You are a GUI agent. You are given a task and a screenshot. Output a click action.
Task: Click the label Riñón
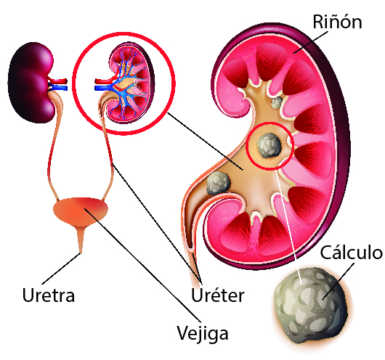(337, 22)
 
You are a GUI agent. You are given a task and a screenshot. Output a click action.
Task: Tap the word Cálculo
(352, 253)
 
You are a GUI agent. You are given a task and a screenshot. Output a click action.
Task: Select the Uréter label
(217, 295)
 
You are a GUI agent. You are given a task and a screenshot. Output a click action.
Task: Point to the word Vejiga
(203, 334)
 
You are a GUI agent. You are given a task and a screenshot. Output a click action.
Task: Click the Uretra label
(49, 295)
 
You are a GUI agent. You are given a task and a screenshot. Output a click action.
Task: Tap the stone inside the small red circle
(269, 145)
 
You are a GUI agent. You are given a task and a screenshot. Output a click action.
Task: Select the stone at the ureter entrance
(218, 183)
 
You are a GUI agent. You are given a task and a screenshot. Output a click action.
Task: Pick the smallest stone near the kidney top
(276, 102)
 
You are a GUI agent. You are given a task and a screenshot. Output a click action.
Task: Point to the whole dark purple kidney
(31, 83)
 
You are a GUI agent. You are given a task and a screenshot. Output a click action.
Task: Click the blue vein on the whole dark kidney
(58, 87)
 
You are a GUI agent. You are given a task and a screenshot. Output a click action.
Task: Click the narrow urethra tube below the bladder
(81, 240)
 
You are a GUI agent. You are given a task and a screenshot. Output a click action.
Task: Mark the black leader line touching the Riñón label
(311, 42)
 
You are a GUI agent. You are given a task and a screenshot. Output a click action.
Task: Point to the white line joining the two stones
(289, 226)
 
